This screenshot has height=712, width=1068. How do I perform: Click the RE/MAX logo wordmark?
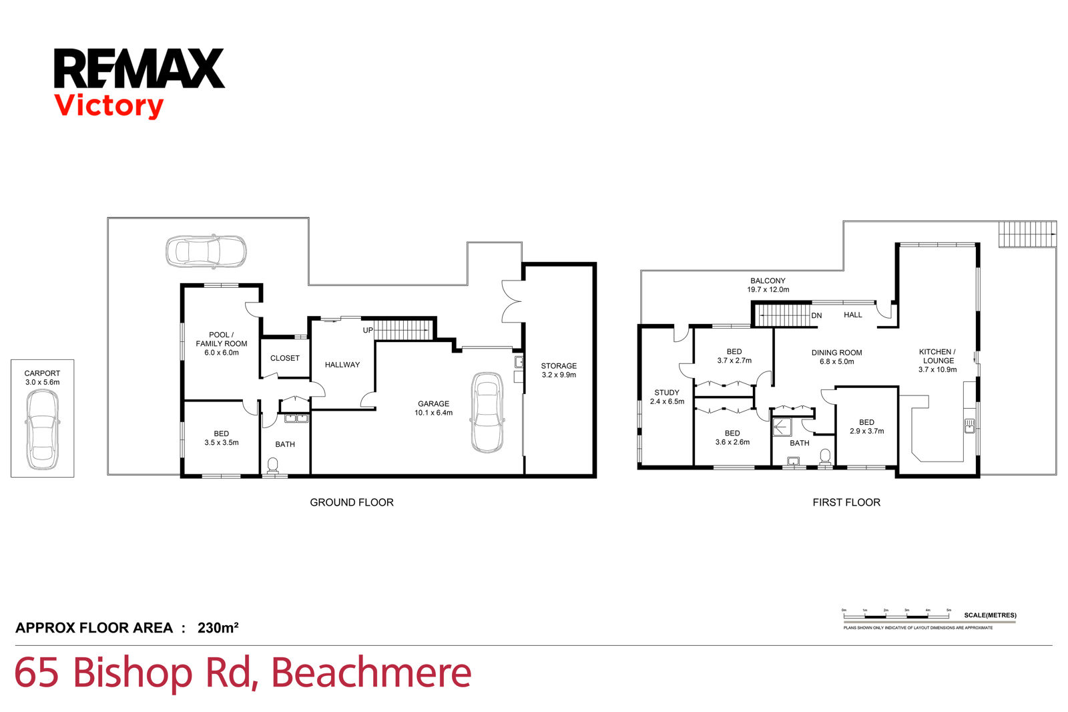click(x=139, y=68)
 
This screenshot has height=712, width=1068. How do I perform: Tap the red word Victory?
click(x=109, y=106)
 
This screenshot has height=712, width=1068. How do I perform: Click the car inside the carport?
click(x=42, y=429)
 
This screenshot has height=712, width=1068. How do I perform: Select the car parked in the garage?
click(x=487, y=412)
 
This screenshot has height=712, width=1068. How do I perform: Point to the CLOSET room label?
click(x=285, y=359)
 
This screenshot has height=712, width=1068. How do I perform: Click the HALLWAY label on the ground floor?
click(x=342, y=365)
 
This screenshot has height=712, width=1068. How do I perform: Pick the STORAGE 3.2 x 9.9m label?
click(x=559, y=371)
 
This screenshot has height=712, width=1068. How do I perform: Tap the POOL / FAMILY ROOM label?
click(x=222, y=343)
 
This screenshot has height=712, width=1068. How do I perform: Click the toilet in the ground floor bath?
click(x=273, y=464)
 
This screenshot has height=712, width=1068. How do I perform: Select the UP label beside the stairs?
click(x=368, y=331)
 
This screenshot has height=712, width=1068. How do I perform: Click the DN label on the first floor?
click(x=816, y=316)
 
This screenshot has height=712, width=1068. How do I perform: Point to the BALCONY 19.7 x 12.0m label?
click(x=768, y=285)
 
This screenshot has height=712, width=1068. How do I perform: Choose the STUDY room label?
click(x=667, y=397)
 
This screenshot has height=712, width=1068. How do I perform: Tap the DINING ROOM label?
click(x=836, y=357)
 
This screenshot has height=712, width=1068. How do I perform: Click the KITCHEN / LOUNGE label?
click(x=937, y=361)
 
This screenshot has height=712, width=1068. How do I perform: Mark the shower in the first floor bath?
click(x=782, y=427)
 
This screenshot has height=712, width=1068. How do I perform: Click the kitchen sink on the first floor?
click(x=969, y=425)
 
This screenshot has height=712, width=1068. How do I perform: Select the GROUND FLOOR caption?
click(x=352, y=502)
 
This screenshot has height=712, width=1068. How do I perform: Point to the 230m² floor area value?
click(x=218, y=628)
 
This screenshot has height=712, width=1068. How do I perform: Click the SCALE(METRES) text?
click(x=990, y=615)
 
